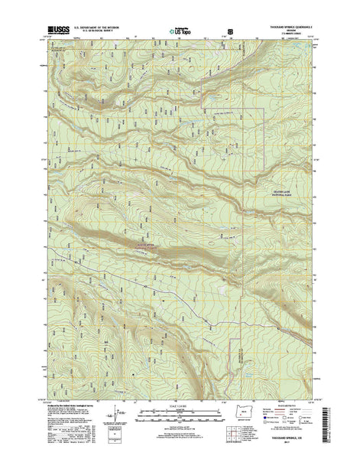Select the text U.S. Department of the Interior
click(103, 31)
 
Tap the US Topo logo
click(180, 34)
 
